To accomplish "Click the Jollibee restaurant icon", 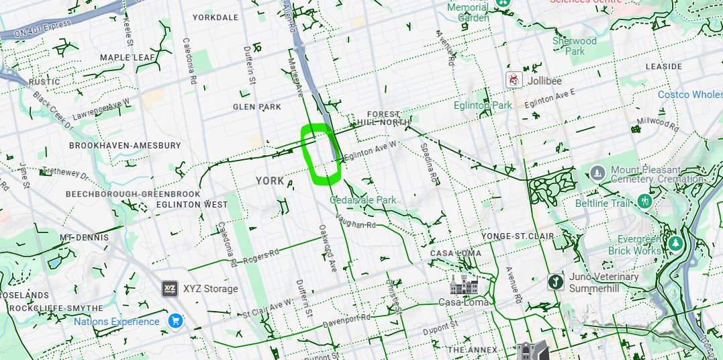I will coord(514,80).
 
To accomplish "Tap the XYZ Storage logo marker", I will coord(170,289).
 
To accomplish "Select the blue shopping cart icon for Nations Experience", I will coord(175,321).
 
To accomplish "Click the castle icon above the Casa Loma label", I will coord(463,283).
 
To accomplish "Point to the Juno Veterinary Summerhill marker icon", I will coord(555,281).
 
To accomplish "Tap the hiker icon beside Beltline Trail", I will coord(645,201).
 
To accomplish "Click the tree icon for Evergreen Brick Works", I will coord(676,242).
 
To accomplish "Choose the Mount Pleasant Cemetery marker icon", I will coord(597,175).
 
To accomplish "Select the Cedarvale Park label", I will coord(363,200).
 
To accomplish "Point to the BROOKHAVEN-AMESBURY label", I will coord(125,145).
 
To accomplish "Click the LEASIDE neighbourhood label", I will coord(663,67).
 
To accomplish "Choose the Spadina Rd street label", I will coord(428,163).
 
